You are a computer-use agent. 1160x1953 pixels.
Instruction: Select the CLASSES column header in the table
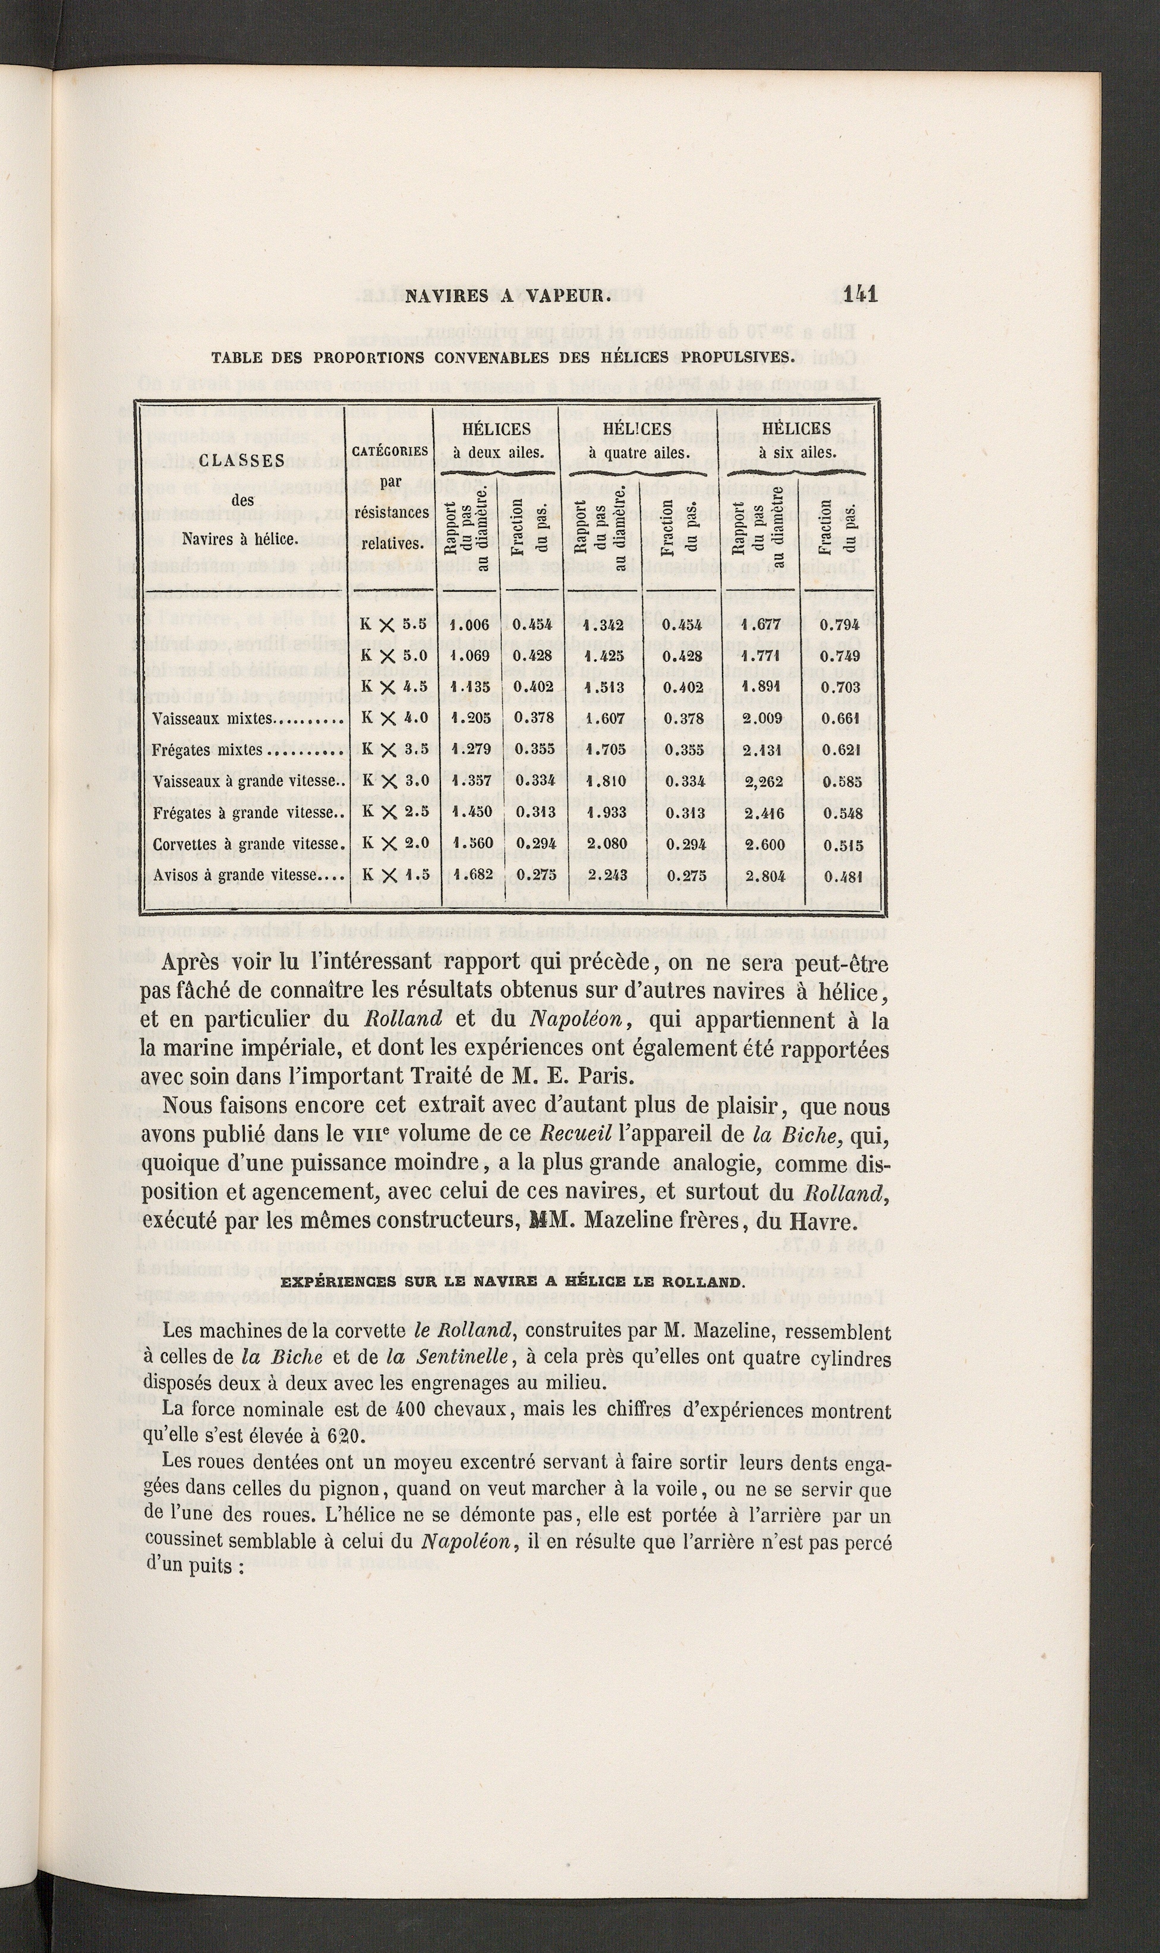pyautogui.click(x=240, y=460)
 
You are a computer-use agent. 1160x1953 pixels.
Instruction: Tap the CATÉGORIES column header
pyautogui.click(x=390, y=451)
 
